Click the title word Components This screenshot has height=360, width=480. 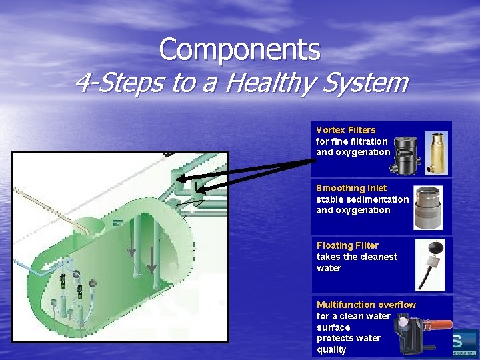click(239, 49)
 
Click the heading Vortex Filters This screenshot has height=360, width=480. click(345, 130)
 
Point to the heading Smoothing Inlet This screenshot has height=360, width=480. click(351, 188)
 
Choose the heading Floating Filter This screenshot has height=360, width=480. click(347, 245)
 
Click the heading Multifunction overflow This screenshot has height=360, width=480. click(366, 305)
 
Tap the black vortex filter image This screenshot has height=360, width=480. click(404, 155)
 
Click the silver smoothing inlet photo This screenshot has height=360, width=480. click(427, 207)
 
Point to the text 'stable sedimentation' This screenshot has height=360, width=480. click(362, 199)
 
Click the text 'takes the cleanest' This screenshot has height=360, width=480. click(357, 257)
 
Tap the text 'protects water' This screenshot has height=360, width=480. click(348, 338)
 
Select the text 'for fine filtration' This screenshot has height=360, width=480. click(351, 141)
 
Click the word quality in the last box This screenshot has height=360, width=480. click(331, 349)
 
